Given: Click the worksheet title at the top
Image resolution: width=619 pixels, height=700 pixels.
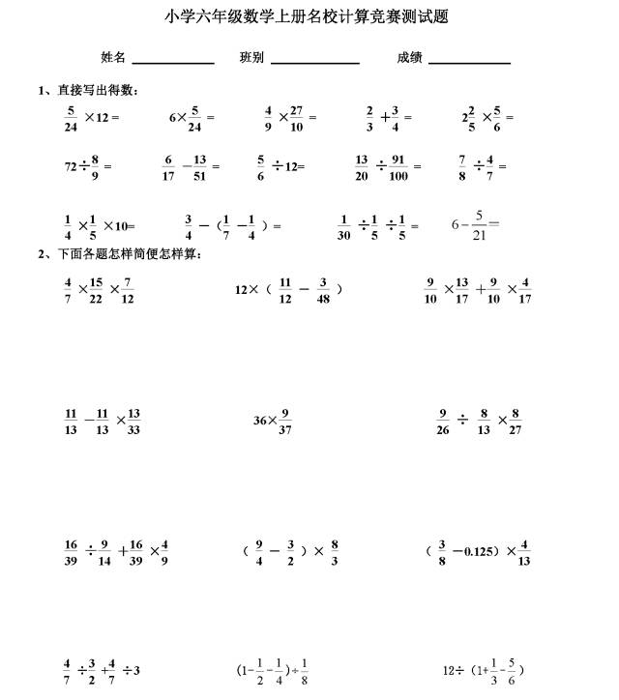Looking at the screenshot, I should (x=308, y=16).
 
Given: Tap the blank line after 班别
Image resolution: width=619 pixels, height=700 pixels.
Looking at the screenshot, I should (x=315, y=59).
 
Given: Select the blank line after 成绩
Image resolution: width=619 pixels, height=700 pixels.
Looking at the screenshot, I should (x=469, y=59).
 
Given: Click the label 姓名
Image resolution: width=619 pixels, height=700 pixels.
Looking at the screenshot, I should (x=113, y=57).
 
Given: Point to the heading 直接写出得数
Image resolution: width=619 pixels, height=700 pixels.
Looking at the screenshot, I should (x=97, y=90).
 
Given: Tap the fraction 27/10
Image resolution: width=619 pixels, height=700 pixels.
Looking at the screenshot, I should (x=297, y=117).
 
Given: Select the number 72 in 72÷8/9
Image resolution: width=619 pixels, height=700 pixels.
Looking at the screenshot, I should (x=71, y=167).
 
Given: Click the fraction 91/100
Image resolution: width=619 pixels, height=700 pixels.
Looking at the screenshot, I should (x=398, y=166).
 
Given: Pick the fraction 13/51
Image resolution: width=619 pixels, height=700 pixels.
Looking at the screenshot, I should (x=200, y=166).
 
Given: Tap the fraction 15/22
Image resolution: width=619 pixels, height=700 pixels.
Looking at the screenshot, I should (x=96, y=291).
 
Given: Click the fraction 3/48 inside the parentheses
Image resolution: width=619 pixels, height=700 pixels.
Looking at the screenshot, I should (x=323, y=290).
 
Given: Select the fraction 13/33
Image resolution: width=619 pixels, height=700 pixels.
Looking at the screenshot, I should (x=133, y=422).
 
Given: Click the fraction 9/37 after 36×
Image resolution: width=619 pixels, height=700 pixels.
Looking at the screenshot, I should (x=285, y=422).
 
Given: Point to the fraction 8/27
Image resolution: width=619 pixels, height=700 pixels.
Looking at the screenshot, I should (x=516, y=422).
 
